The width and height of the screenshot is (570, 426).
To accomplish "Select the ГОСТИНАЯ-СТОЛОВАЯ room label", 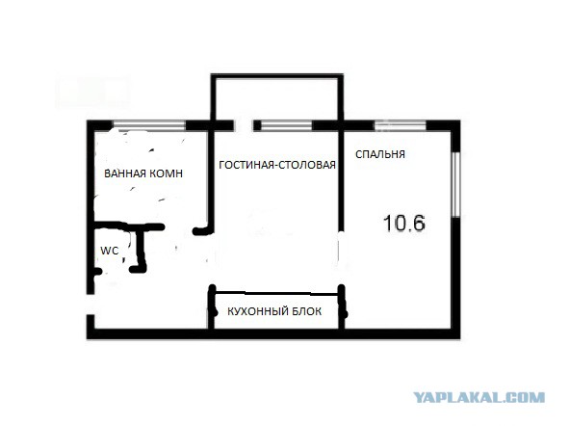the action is point(277,165).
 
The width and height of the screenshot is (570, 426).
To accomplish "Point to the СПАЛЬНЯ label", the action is point(380,154).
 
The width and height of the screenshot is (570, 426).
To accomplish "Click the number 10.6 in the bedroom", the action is point(404,223).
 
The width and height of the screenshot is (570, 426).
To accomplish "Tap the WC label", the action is point(110,251).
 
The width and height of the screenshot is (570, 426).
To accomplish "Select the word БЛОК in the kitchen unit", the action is point(306,311).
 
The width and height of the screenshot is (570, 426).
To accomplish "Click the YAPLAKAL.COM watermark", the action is point(479,397).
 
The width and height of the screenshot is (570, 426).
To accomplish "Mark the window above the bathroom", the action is point(149,125).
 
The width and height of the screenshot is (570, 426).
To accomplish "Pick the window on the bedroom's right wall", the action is point(455,184).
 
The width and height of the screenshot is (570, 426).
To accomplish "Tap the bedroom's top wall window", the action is point(401,125).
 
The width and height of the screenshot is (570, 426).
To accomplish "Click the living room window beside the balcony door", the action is point(287,125).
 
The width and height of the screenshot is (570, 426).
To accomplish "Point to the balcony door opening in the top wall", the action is point(244,125).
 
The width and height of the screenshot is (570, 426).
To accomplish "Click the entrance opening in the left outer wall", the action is point(91,305).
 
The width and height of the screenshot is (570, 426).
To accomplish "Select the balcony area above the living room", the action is point(277,98).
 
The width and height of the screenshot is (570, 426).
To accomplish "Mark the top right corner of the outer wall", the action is point(460,120).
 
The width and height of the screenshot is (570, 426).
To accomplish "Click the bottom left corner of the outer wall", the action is point(87,339).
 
